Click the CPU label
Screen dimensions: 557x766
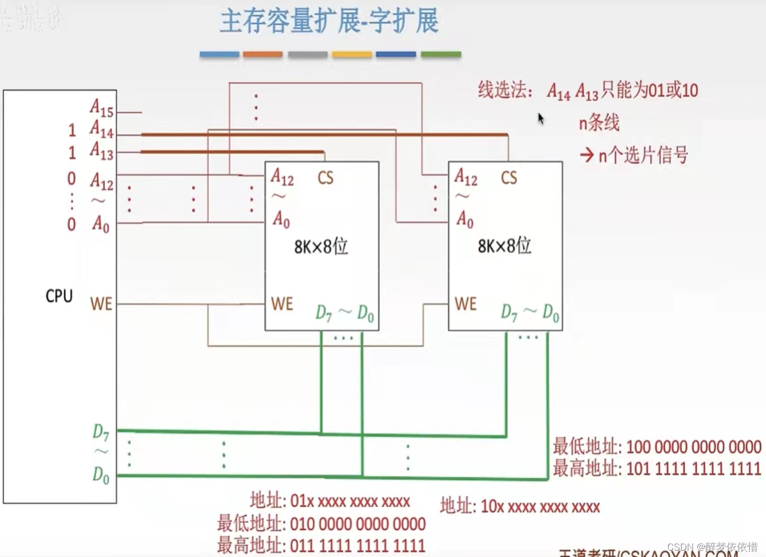click(59, 296)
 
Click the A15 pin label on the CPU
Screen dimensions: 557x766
click(101, 108)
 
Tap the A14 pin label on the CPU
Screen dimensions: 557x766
click(101, 129)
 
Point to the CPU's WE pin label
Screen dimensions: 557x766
click(101, 304)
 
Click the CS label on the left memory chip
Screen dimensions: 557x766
click(325, 178)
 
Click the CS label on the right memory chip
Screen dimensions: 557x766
click(509, 178)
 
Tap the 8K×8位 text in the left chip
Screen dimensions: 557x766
click(321, 246)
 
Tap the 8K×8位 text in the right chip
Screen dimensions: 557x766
click(505, 246)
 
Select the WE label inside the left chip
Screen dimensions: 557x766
click(282, 304)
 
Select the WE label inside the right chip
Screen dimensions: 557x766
click(465, 304)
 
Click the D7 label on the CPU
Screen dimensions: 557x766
click(100, 432)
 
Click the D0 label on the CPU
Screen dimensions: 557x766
click(100, 475)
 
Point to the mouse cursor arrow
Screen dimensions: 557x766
click(540, 118)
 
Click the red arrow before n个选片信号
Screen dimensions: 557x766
click(586, 155)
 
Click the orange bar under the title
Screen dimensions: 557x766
click(263, 54)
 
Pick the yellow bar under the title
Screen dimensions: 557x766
click(352, 54)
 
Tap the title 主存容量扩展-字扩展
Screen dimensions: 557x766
click(329, 22)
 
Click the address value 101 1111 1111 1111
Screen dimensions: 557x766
click(693, 469)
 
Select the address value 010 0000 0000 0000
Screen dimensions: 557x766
click(358, 524)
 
